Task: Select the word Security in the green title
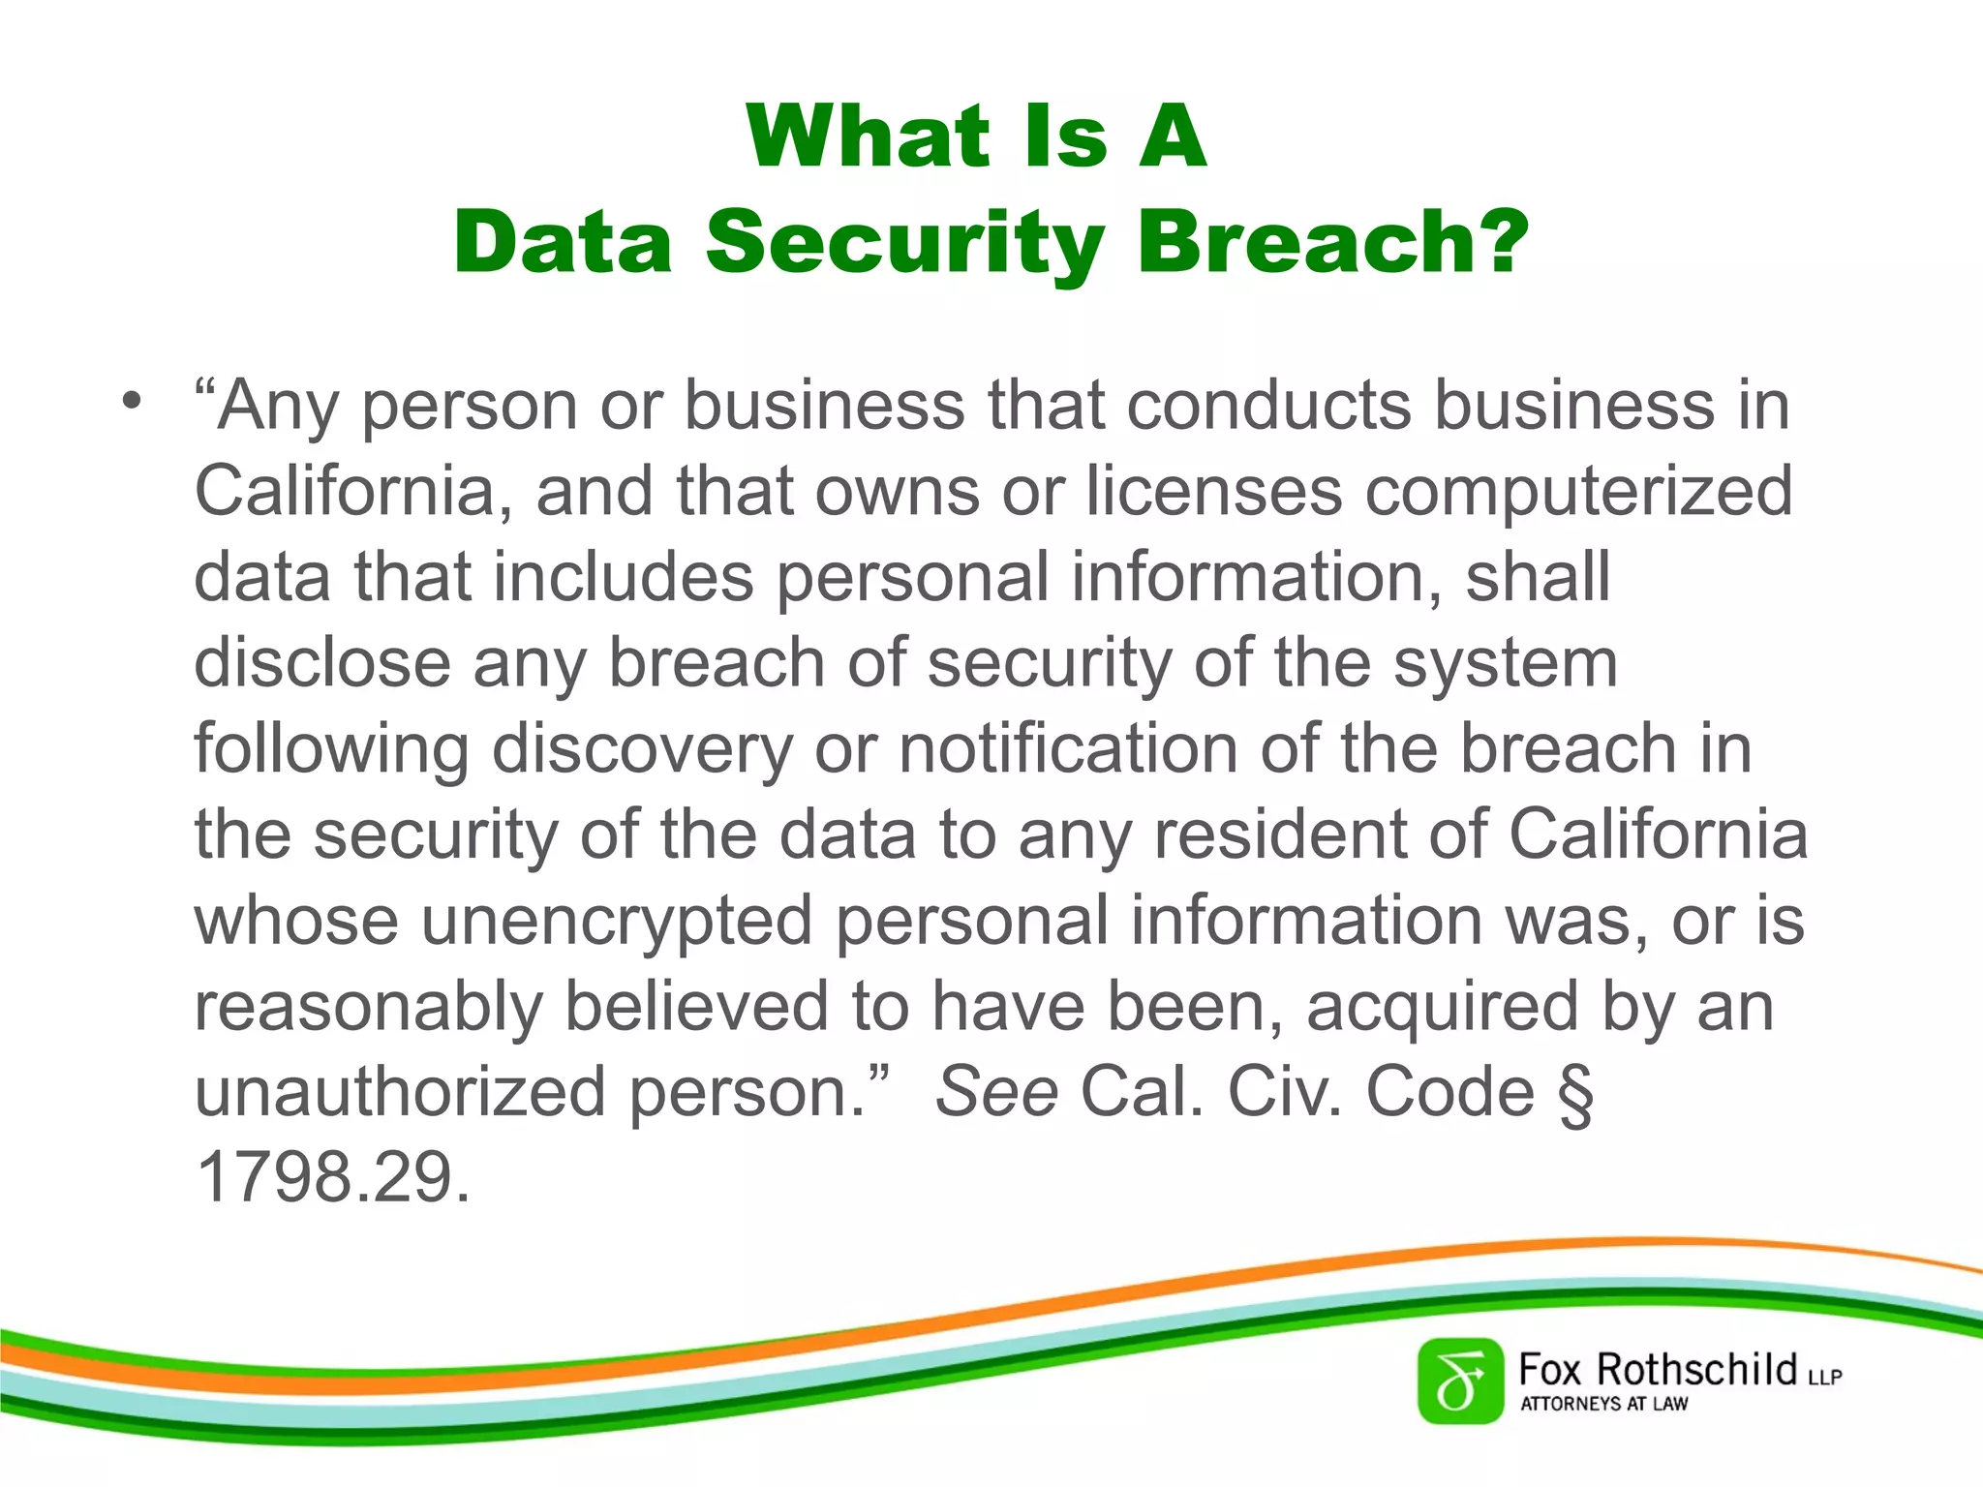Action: click(x=905, y=244)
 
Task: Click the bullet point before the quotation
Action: click(x=133, y=399)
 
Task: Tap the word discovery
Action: click(x=642, y=750)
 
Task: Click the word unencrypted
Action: click(x=617, y=922)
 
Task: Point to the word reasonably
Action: click(x=368, y=1008)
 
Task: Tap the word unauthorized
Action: click(x=401, y=1092)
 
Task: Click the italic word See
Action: click(x=996, y=1092)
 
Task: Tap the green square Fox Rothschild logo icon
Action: click(x=1460, y=1381)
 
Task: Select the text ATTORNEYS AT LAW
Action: click(x=1603, y=1404)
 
